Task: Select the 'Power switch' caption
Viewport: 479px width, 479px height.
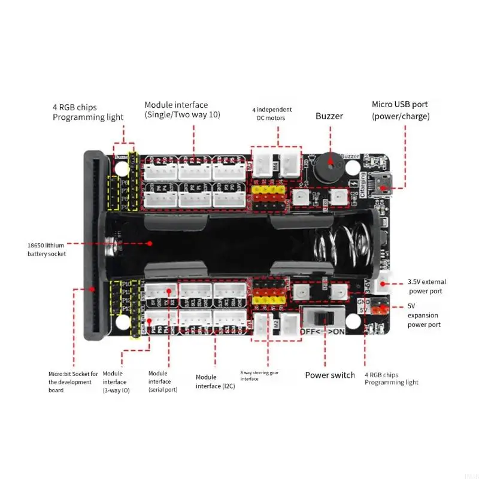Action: coord(330,375)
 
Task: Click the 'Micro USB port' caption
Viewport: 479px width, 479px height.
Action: coord(400,104)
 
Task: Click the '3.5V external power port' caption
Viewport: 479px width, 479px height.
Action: coord(426,286)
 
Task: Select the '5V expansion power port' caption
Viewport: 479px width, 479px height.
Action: coord(423,315)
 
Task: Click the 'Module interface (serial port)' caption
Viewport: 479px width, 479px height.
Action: coord(162,381)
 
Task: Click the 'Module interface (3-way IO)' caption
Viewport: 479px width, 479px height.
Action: coord(116,381)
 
